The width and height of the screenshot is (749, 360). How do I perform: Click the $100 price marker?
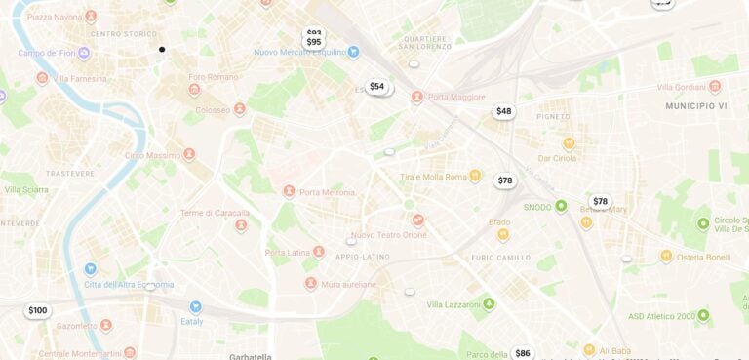tap(37, 311)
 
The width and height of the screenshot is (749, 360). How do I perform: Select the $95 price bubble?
tap(314, 42)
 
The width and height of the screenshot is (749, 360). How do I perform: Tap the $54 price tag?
tap(376, 87)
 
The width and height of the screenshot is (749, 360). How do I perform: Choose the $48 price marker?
tap(503, 111)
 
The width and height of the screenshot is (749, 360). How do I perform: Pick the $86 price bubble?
tap(523, 353)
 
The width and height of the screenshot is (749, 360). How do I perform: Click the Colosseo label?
tap(213, 110)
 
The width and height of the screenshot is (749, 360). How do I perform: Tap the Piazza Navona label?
tap(54, 18)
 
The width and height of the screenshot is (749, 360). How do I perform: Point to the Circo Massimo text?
tap(152, 155)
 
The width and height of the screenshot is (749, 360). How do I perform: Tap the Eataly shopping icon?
tap(195, 306)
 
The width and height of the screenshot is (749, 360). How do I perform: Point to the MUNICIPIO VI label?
tap(696, 105)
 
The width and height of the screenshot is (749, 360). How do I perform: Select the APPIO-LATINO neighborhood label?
tap(363, 258)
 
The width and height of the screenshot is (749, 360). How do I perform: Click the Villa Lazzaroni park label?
tap(454, 304)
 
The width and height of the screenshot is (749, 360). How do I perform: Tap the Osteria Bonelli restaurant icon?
tap(666, 256)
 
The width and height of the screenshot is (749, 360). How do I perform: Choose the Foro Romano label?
tap(213, 77)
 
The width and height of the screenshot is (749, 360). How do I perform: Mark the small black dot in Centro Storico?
tap(162, 49)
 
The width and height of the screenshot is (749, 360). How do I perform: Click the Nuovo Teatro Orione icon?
tap(417, 220)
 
